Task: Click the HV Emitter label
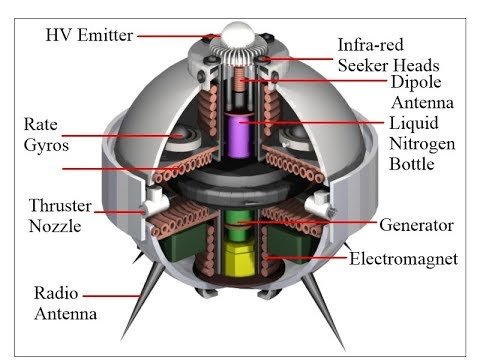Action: (x=89, y=35)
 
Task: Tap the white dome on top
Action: (x=238, y=34)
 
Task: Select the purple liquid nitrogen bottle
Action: (x=238, y=135)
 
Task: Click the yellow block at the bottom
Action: (x=240, y=259)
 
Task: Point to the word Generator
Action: (x=416, y=225)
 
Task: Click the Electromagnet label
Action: (x=404, y=259)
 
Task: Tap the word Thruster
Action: (x=60, y=205)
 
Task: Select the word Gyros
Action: (x=46, y=146)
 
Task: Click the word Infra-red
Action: (x=370, y=45)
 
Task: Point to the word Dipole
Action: (x=416, y=82)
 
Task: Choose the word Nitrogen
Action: (x=422, y=144)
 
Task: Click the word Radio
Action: (x=56, y=293)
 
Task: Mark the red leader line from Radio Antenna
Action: (x=112, y=296)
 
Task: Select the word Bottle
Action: (x=412, y=164)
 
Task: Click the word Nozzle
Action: (x=55, y=226)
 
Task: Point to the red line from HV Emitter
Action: (x=179, y=36)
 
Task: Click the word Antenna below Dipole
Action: (x=423, y=102)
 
